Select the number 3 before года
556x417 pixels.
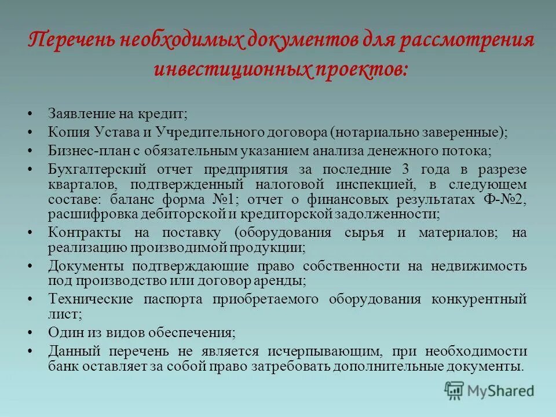point(405,169)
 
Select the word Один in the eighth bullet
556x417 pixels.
point(63,333)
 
